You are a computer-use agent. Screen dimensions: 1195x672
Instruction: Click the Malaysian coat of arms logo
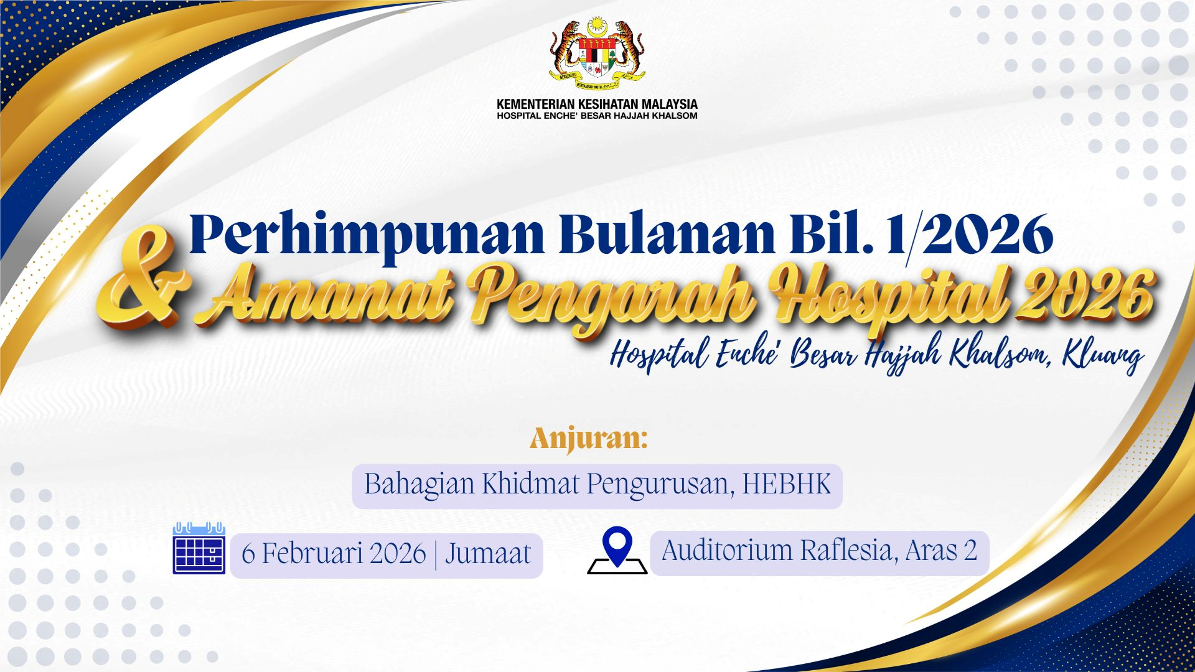coord(597,55)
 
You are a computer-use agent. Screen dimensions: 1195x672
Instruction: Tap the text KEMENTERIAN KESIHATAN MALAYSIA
coord(597,104)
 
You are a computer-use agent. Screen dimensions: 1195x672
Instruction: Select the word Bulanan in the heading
coord(667,234)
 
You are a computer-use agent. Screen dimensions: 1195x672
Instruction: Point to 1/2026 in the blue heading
coord(970,235)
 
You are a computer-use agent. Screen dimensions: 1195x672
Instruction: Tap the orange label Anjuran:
coord(589,439)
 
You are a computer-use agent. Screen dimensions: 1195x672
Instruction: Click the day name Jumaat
coord(488,553)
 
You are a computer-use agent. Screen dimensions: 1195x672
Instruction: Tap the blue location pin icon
coord(617,551)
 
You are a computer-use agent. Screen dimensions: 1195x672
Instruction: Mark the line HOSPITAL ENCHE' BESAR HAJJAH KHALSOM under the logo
coord(597,116)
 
